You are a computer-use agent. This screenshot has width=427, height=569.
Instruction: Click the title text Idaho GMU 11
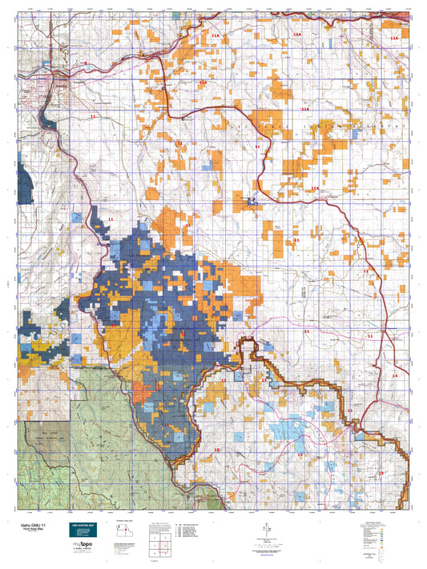(x=32, y=522)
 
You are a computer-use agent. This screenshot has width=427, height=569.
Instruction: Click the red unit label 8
(x=86, y=62)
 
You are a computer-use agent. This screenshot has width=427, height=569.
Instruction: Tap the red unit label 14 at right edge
(x=394, y=375)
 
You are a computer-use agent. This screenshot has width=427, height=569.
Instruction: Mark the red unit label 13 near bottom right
(x=381, y=474)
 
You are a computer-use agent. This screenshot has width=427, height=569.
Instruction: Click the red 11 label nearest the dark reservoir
(x=92, y=117)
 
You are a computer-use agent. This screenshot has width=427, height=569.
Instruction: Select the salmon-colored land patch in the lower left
(x=140, y=392)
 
